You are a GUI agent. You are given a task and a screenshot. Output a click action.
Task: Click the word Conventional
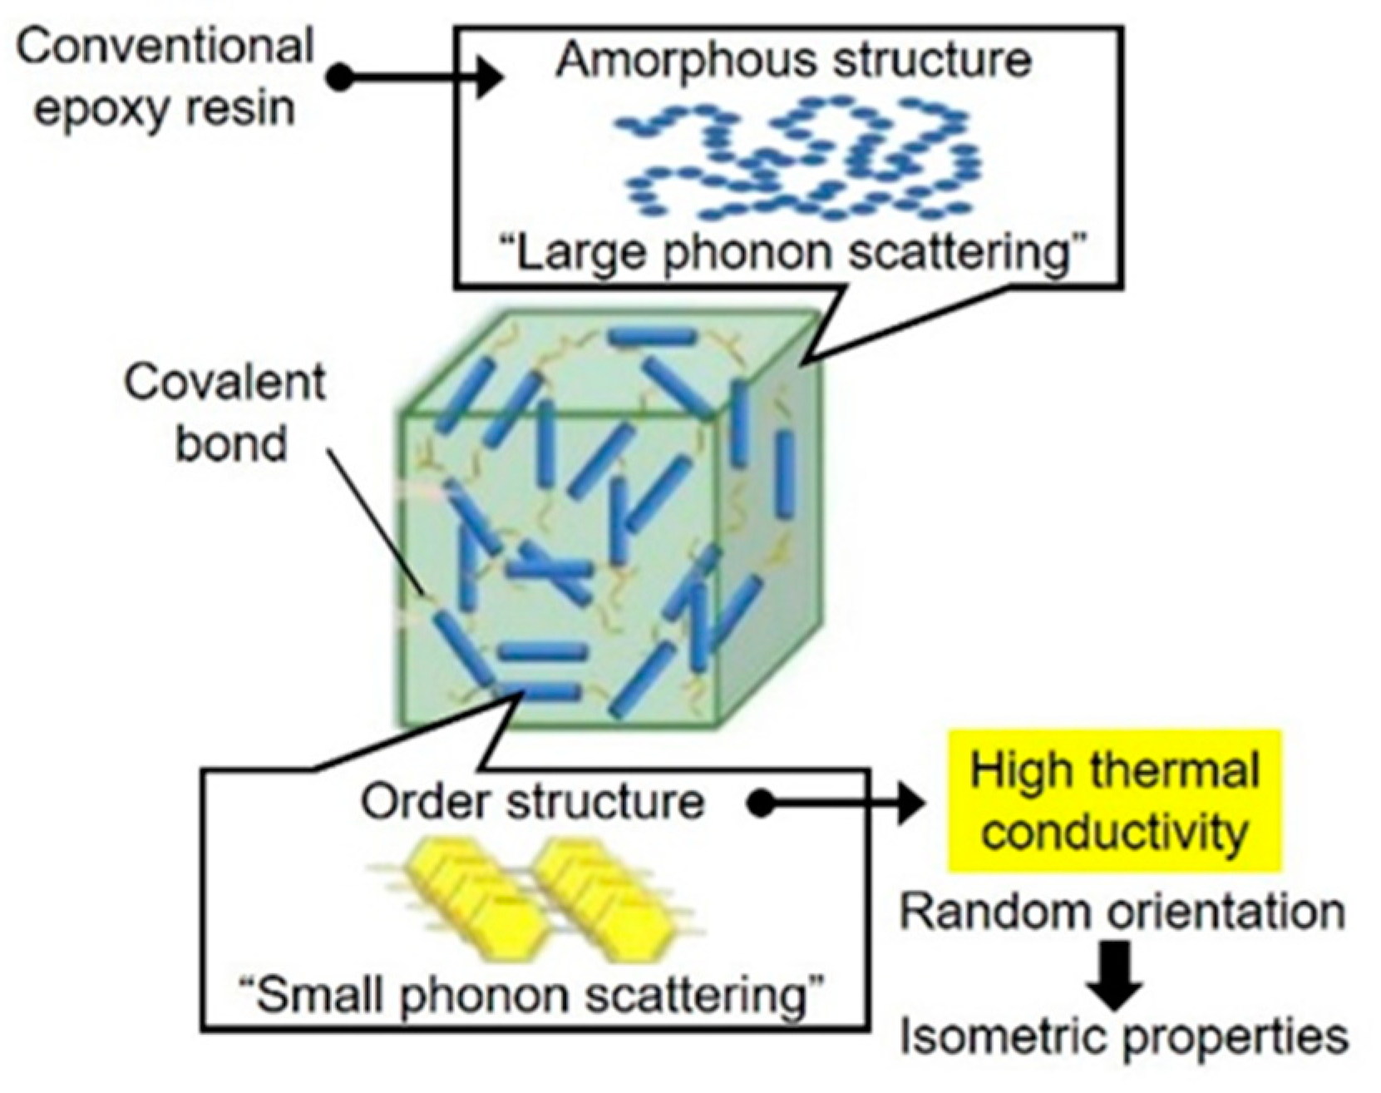coord(165,47)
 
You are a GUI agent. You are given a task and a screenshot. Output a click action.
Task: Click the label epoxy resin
coord(165,108)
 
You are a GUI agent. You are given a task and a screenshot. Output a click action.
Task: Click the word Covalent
coord(224,383)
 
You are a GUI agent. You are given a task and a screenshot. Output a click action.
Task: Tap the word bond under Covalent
coord(231,443)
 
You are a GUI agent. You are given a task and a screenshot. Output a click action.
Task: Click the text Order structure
coord(532,802)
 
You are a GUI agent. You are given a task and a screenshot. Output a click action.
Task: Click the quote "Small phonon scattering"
coord(532,995)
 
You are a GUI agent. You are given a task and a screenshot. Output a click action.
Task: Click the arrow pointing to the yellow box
coord(840,804)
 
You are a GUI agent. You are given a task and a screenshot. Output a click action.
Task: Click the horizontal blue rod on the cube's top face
coord(653,336)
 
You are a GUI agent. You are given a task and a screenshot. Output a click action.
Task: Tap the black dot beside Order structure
coord(758,804)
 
